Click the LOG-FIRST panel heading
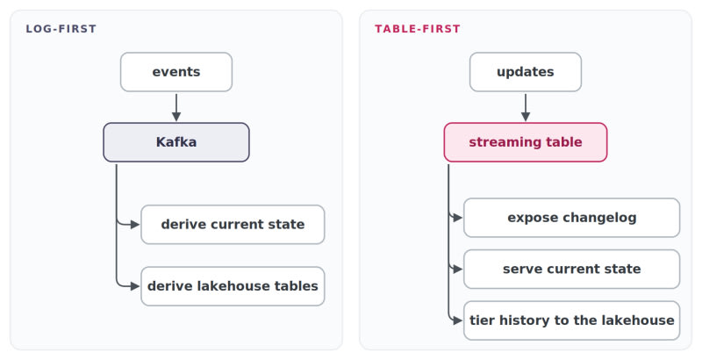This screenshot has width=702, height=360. click(61, 29)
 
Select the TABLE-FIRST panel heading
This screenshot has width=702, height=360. click(418, 29)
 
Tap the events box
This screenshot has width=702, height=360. click(176, 72)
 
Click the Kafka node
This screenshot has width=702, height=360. click(176, 142)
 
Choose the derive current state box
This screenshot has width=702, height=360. click(233, 224)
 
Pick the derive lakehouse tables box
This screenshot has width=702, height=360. click(233, 286)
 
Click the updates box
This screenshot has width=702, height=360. click(526, 72)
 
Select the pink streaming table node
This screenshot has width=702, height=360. click(526, 142)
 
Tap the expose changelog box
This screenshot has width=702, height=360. click(572, 218)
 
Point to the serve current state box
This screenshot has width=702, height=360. click(572, 269)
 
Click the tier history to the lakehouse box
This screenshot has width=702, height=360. click(572, 320)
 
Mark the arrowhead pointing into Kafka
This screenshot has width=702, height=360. click(176, 117)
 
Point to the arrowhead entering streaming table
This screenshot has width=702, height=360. click(526, 117)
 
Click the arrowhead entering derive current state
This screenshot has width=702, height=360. click(135, 224)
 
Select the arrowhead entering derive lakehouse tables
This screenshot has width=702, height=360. click(135, 286)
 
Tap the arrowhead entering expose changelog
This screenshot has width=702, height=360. click(457, 218)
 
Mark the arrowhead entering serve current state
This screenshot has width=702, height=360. click(457, 269)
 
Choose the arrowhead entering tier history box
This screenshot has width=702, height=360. click(457, 320)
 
